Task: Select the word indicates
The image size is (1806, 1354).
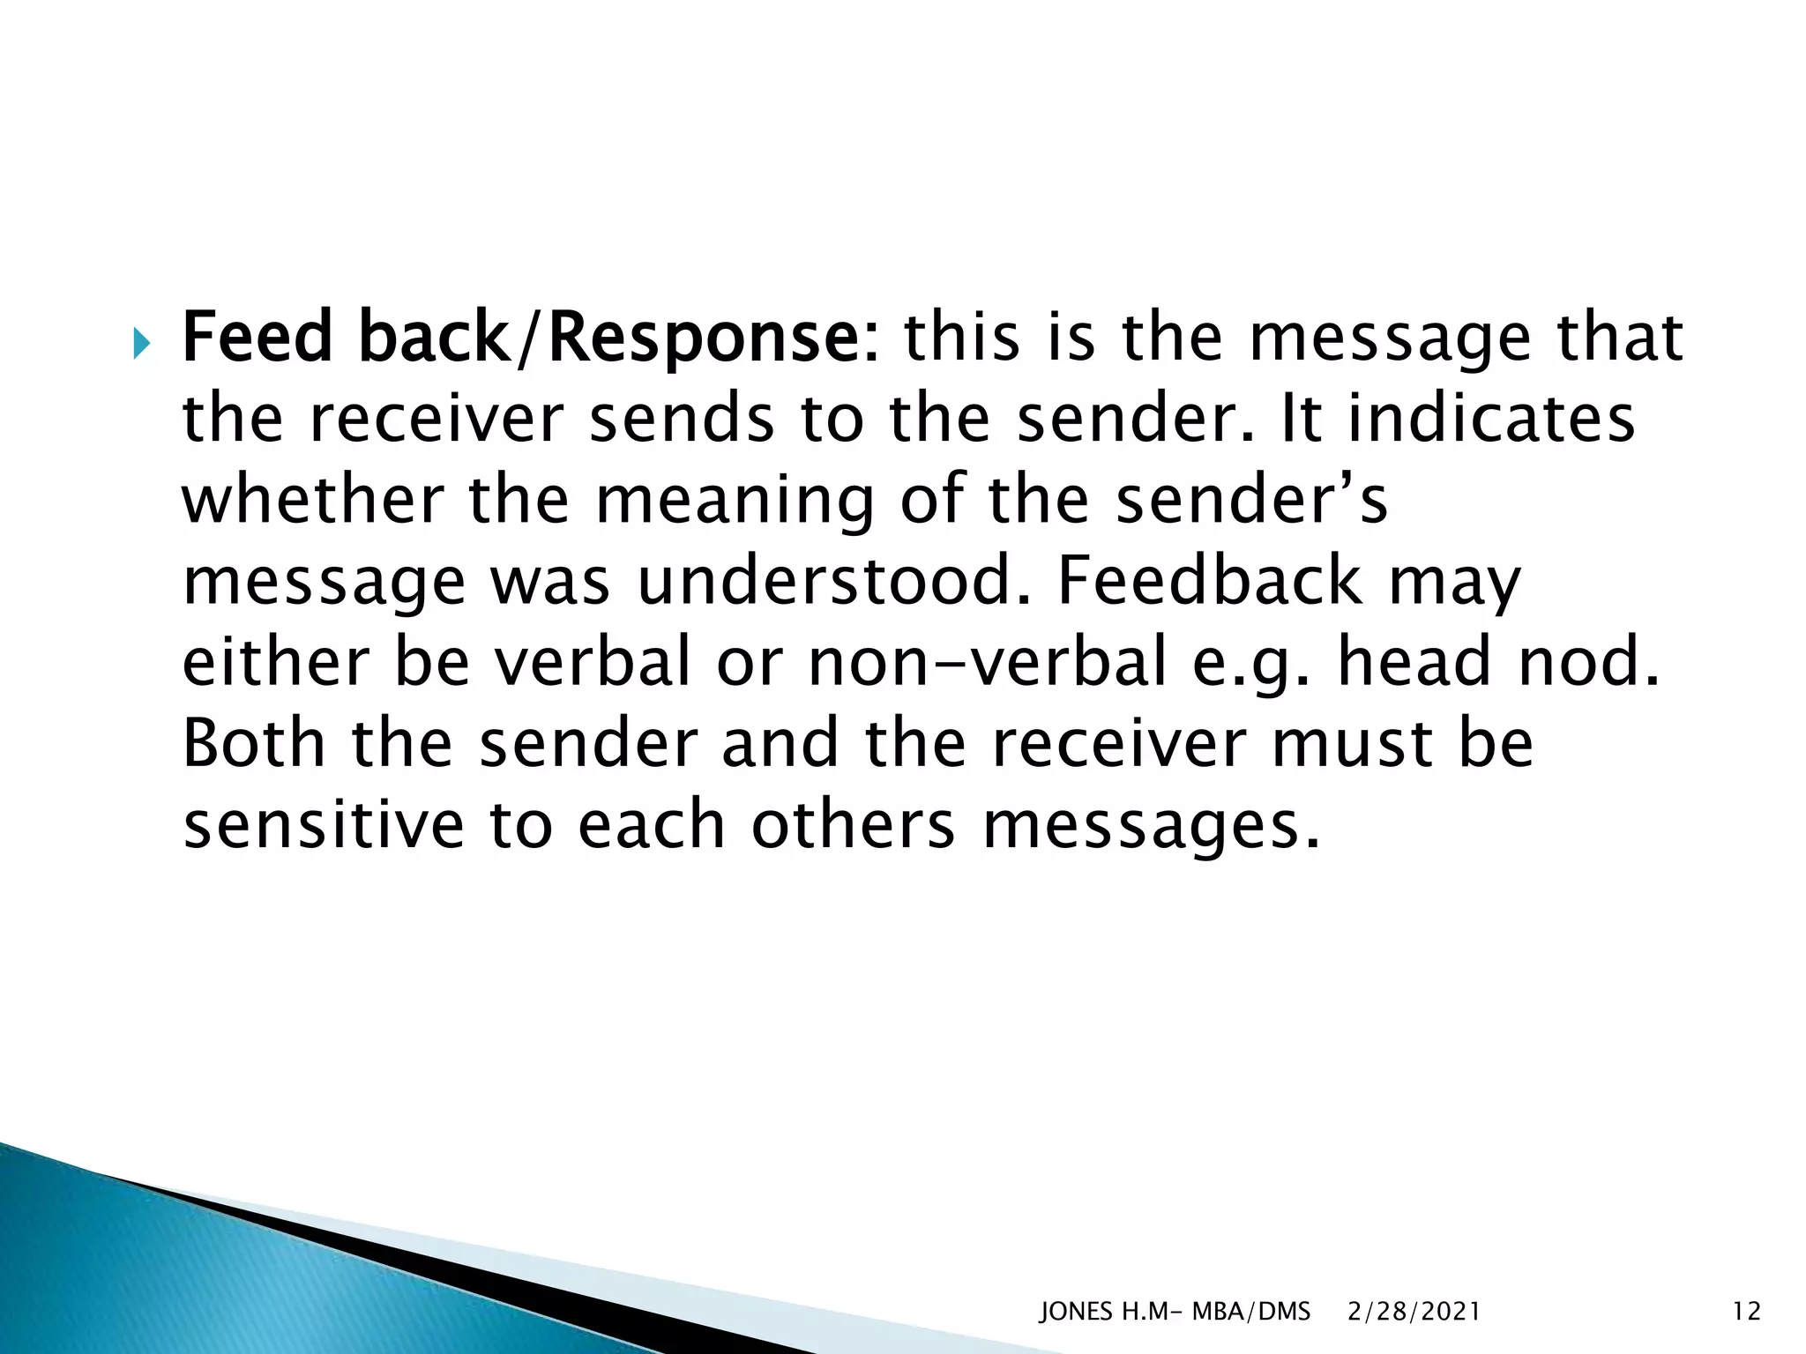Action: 1492,419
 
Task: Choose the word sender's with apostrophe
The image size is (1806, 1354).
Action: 1252,500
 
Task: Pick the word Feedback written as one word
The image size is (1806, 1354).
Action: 1210,581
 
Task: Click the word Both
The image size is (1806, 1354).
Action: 254,743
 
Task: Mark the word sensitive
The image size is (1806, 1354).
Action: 324,825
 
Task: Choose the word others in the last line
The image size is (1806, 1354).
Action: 853,825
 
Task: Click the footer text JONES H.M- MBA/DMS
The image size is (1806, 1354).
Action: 1175,1312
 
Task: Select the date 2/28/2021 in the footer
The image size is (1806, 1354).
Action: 1414,1312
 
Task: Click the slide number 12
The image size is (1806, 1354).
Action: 1746,1312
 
